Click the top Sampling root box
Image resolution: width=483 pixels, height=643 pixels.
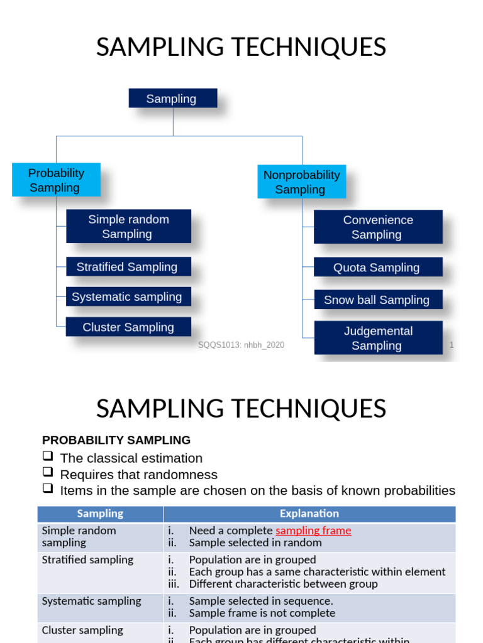[173, 99]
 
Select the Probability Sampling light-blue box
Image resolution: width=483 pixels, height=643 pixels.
[56, 180]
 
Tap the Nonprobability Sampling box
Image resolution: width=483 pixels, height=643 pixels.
[301, 182]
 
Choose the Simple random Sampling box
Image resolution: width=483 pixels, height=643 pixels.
[128, 227]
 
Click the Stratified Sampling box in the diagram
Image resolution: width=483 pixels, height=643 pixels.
[128, 267]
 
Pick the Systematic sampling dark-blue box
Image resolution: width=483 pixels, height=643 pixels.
[128, 297]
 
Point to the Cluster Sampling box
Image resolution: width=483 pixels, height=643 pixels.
[128, 327]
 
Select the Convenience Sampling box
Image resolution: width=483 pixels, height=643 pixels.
[378, 227]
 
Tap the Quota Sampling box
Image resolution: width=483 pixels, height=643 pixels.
[378, 267]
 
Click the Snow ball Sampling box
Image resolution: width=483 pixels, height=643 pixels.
[378, 300]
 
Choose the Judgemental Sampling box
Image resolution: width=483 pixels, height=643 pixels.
[378, 338]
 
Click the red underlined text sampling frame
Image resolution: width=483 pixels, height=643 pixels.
[313, 531]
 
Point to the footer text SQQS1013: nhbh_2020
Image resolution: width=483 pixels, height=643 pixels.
[241, 345]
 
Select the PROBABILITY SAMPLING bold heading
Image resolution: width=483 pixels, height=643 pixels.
[116, 440]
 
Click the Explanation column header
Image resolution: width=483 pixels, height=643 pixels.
[309, 514]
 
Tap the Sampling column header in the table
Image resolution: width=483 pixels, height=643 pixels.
[100, 514]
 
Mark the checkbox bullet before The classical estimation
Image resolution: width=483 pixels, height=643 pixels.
[48, 457]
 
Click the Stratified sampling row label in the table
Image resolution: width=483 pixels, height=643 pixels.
[87, 559]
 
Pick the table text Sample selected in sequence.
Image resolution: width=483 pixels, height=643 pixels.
[261, 601]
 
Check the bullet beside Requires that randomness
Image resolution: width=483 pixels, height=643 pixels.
[48, 473]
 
